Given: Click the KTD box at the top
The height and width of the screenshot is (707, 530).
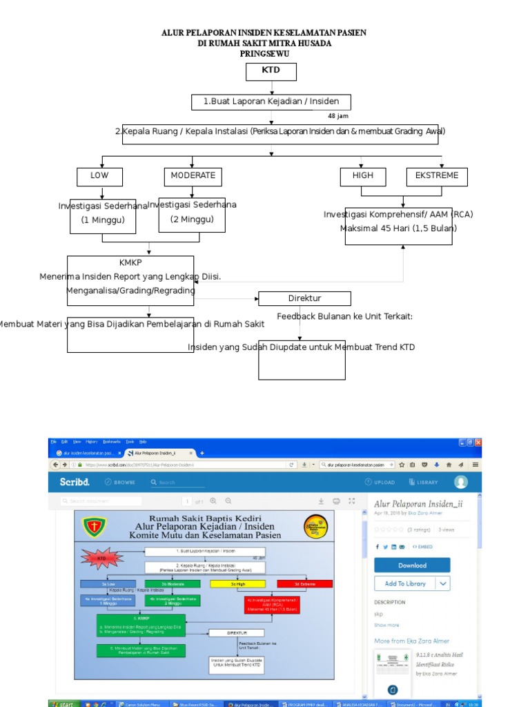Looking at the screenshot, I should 271,71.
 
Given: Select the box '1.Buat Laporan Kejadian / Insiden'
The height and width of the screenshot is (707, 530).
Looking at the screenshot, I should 271,102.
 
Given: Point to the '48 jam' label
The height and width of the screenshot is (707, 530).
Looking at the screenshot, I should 338,116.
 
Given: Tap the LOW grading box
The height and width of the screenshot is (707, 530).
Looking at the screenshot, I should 99,176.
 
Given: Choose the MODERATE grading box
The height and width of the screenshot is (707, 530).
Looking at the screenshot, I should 193,176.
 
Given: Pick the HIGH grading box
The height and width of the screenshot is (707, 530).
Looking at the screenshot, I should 362,176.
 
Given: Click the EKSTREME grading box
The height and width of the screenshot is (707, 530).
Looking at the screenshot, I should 437,176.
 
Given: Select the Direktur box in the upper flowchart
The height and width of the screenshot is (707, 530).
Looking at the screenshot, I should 304,298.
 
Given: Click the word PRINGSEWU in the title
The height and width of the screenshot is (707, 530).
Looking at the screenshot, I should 264,53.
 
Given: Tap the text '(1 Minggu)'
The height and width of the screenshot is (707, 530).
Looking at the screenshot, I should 103,220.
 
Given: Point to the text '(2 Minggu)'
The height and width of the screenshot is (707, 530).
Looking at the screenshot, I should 192,220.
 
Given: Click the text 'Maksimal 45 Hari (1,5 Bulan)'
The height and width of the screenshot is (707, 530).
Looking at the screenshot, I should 398,229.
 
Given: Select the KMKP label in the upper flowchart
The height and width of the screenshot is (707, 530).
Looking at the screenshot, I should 130,263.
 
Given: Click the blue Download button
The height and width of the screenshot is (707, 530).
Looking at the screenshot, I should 412,565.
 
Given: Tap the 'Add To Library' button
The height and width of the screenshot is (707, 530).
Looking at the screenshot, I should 406,583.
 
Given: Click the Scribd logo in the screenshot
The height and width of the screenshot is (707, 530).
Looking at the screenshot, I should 74,482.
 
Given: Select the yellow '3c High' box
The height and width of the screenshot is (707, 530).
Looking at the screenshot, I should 238,583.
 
